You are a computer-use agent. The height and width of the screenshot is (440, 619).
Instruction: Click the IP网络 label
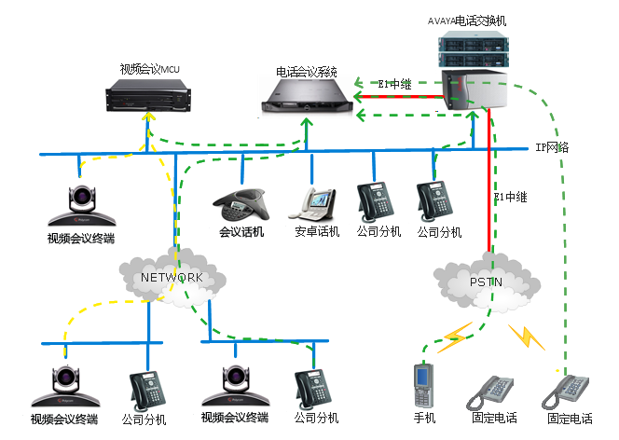(x=553, y=147)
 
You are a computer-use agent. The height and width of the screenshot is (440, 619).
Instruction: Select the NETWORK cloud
(x=172, y=277)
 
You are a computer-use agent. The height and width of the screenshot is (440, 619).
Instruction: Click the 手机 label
(x=424, y=418)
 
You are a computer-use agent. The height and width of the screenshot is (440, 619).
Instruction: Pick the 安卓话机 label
(x=317, y=231)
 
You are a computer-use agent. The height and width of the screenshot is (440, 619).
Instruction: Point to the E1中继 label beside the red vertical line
(x=511, y=197)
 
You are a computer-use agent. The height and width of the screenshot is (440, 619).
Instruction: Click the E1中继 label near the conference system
(x=395, y=84)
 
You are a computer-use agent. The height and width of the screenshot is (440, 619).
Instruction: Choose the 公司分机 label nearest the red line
(x=439, y=232)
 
